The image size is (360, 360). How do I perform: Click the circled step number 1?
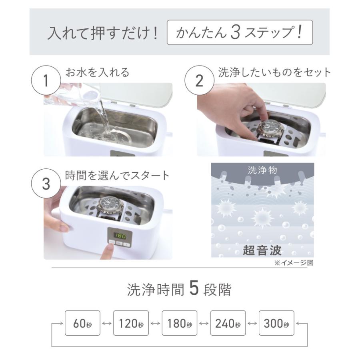45,81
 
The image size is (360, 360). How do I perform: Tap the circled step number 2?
199,81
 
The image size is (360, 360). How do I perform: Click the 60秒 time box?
82,323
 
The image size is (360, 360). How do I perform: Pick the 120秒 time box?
131,323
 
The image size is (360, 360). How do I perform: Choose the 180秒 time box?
180,323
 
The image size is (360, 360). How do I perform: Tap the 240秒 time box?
228,323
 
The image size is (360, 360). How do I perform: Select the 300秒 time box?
276,323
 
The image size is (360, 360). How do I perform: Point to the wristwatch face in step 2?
270,129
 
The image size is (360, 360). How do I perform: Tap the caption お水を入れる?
97,73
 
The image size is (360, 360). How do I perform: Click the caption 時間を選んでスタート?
117,175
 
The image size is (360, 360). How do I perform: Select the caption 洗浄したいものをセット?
275,72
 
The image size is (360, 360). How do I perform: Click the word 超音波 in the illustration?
262,251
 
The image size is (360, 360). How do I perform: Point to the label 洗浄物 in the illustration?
262,170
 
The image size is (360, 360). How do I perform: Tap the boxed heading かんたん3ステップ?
239,33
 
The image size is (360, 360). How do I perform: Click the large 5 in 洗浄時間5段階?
194,290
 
